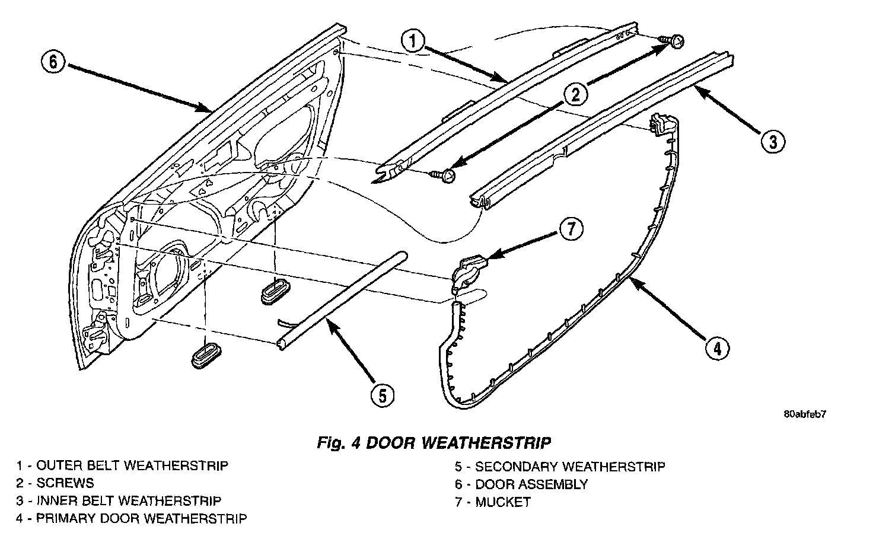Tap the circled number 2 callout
tap(575, 93)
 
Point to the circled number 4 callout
tap(716, 348)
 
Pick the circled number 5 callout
tap(383, 394)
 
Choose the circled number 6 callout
tap(53, 62)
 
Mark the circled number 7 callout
tap(571, 229)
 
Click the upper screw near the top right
tap(674, 40)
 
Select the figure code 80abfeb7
tap(804, 414)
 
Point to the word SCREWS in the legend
tap(65, 483)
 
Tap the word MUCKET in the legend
tap(502, 502)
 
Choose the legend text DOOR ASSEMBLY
tap(531, 484)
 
